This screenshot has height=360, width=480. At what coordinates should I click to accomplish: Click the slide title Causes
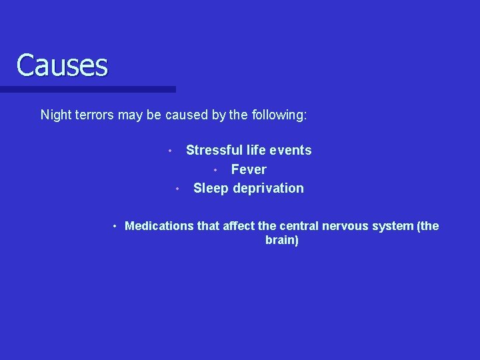coord(61,65)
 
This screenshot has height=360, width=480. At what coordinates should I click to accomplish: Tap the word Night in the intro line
coord(55,115)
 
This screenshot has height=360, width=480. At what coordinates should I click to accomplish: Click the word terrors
coord(94,115)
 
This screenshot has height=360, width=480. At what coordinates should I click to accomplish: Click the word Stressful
coord(211,150)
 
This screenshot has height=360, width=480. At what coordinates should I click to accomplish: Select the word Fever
coord(249,169)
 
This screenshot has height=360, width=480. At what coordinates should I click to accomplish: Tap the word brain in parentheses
coord(281,240)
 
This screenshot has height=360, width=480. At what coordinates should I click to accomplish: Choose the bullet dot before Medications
coord(115,227)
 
